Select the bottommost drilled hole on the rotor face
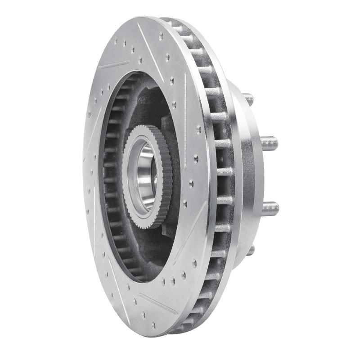pos(153,324)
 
